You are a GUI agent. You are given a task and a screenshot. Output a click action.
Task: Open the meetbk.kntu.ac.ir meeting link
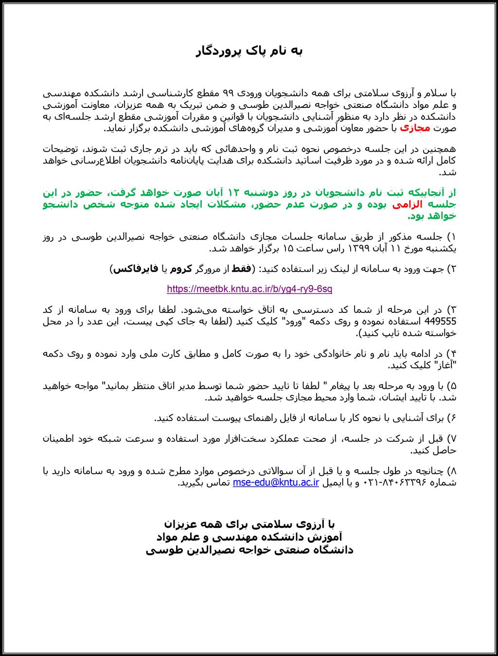249,289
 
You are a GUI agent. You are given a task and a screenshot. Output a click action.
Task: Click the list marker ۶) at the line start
451,417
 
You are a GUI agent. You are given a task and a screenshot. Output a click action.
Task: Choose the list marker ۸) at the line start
451,471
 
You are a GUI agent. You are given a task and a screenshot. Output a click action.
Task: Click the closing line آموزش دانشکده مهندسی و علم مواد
249,537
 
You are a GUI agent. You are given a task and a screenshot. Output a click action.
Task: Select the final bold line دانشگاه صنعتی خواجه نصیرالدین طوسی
249,550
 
